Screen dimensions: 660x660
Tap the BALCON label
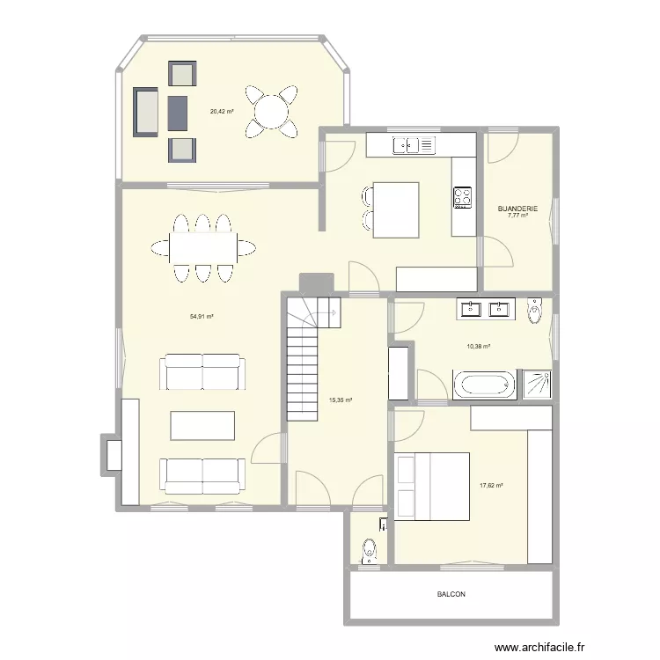(x=451, y=594)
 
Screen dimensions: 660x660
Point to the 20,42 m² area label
(x=222, y=111)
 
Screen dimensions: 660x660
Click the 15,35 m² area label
(x=340, y=400)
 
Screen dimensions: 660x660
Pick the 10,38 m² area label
(x=479, y=346)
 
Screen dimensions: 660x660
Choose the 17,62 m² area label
(x=491, y=484)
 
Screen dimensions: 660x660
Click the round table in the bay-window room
(x=271, y=111)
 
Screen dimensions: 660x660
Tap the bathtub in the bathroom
(x=483, y=385)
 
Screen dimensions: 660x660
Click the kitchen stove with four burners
(x=463, y=196)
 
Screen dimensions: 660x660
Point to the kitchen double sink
(x=414, y=143)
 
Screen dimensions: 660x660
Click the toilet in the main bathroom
(x=534, y=311)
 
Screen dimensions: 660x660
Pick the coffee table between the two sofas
(x=203, y=426)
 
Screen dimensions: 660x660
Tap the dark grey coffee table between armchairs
(x=178, y=111)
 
